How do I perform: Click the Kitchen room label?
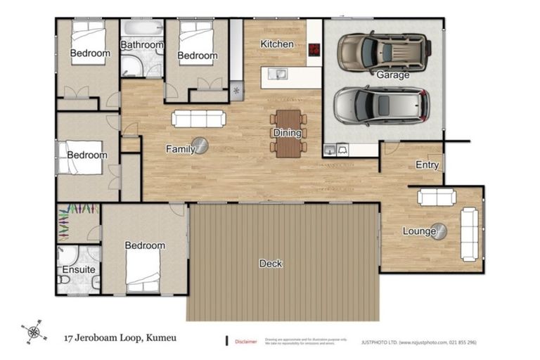[276, 44]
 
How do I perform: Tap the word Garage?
[392, 75]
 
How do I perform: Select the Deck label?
[271, 264]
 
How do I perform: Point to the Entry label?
[427, 166]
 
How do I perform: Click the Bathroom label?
[141, 45]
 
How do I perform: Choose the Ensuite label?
[78, 270]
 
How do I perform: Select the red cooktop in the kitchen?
[314, 49]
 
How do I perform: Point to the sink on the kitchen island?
[279, 72]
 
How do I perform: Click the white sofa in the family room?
[200, 120]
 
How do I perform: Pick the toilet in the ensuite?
[64, 280]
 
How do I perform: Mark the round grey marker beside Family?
[201, 146]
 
